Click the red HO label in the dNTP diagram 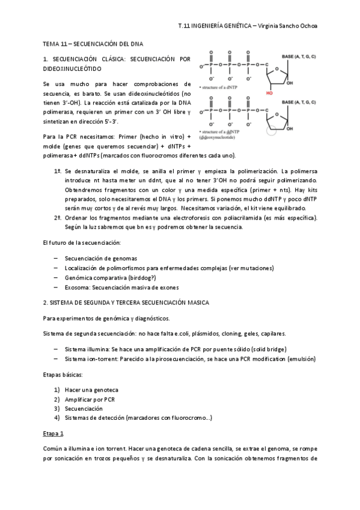(270, 93)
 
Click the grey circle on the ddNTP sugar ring (272, 132)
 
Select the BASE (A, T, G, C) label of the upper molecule (299, 56)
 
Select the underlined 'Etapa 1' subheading (53, 434)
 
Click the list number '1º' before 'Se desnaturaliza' (58, 171)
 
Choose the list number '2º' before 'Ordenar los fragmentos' (58, 217)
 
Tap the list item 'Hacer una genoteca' (91, 389)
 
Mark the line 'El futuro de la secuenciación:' (82, 242)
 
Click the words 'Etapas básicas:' (64, 373)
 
